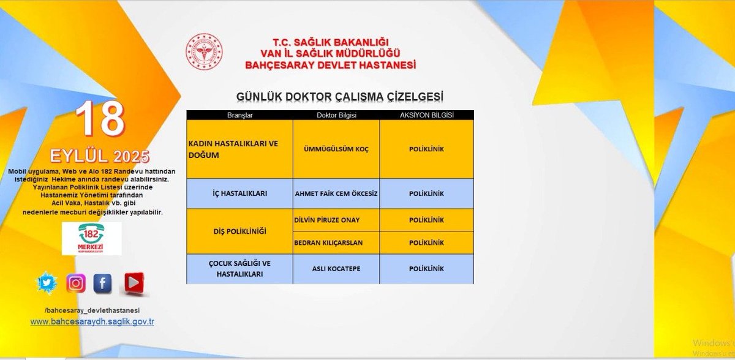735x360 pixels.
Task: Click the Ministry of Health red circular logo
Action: [x=205, y=51]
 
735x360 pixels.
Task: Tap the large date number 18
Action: [x=100, y=119]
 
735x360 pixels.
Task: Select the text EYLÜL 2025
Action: [x=100, y=156]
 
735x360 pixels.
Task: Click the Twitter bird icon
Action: [x=47, y=283]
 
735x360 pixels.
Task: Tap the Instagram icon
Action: [x=76, y=283]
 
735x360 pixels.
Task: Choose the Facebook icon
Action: [x=103, y=283]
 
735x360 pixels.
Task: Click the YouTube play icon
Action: [x=132, y=283]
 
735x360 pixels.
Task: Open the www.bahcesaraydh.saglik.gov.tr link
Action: [x=92, y=321]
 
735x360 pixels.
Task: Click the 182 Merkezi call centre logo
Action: [x=92, y=238]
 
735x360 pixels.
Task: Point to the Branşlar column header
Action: [x=239, y=115]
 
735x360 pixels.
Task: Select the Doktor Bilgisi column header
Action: [x=336, y=115]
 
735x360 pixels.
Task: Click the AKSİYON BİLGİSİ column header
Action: [x=426, y=115]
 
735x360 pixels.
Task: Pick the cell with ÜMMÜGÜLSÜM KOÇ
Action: [x=336, y=149]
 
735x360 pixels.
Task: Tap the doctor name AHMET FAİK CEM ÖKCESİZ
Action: [x=336, y=194]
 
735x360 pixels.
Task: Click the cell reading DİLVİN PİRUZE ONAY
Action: [x=336, y=220]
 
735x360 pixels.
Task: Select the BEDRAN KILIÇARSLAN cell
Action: [x=336, y=242]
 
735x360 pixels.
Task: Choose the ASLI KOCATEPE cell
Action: [x=336, y=269]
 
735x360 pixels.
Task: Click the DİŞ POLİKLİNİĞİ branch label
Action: [x=239, y=231]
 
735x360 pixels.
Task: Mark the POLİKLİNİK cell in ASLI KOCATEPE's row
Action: [x=426, y=269]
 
